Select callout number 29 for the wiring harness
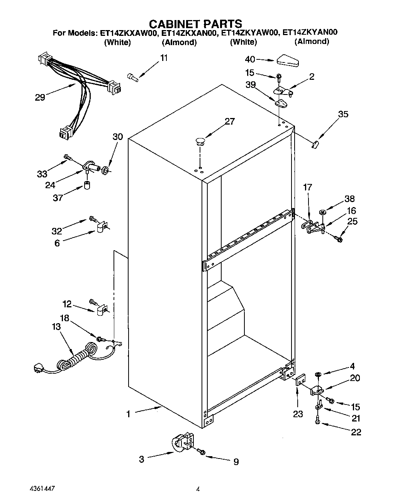(40, 97)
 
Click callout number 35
(343, 114)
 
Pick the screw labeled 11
(132, 78)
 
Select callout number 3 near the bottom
(142, 459)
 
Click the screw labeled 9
(201, 451)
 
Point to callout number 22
(356, 432)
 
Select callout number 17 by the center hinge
(307, 188)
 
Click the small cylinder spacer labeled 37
(88, 185)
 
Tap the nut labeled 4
(318, 374)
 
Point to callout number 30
(118, 137)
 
